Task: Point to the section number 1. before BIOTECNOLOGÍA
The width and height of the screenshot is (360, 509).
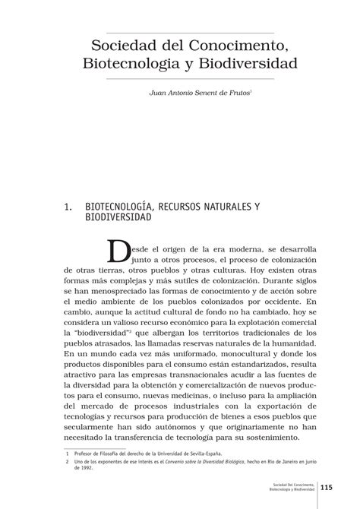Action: tap(69, 206)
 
